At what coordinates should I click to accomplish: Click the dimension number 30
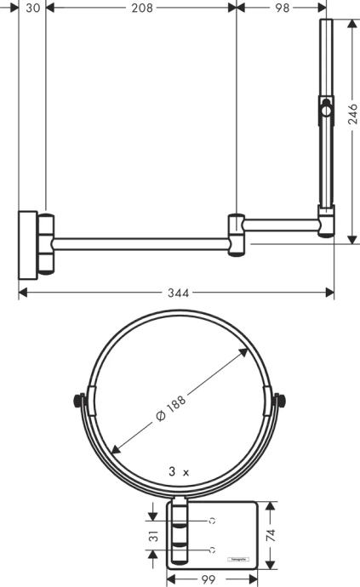32,8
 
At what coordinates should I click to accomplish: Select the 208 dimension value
141,8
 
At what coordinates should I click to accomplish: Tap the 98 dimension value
282,8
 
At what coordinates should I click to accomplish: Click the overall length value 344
177,293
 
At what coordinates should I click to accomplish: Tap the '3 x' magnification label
178,470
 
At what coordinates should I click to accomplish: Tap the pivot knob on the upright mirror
324,109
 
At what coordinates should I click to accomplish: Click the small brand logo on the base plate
237,558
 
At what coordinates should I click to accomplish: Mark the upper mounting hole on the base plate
212,520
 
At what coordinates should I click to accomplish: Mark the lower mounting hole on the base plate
212,550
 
